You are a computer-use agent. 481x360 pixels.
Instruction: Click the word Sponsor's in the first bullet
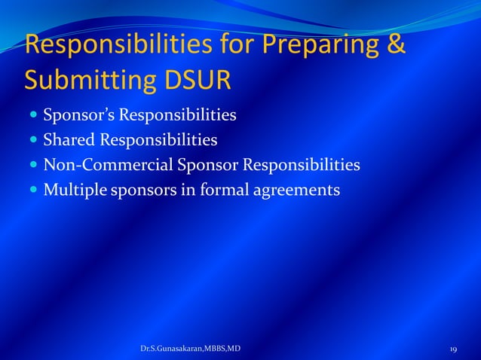tap(75, 116)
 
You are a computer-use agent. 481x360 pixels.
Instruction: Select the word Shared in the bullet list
tap(67, 140)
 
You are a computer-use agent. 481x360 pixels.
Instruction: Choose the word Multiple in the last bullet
tap(75, 189)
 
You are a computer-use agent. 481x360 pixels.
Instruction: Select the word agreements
tap(297, 190)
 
